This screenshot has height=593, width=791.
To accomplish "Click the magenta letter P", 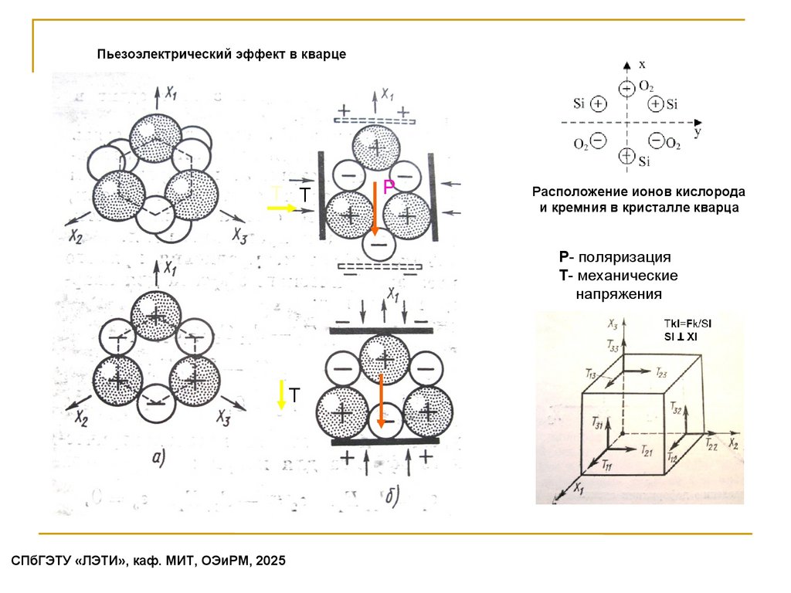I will tap(389, 186).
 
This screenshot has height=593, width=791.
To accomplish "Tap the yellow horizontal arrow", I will tap(282, 208).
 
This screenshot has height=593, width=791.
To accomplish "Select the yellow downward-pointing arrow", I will tap(282, 395).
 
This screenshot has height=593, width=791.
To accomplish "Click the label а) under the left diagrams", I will tap(158, 459).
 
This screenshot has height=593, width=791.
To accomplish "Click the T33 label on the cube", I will tap(613, 347).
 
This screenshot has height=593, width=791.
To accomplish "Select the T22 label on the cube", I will tap(711, 446).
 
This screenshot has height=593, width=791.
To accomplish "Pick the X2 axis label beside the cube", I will tap(732, 444).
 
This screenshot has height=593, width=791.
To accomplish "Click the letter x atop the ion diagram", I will tap(642, 66).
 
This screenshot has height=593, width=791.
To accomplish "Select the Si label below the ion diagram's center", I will tap(645, 161).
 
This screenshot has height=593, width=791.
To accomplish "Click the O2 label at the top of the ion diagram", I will tap(647, 86).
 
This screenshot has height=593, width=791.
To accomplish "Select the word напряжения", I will tap(618, 294).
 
